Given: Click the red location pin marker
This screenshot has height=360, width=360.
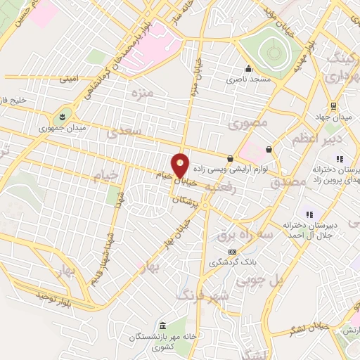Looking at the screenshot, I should [x=181, y=165].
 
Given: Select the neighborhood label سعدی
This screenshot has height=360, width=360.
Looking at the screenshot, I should [x=131, y=131].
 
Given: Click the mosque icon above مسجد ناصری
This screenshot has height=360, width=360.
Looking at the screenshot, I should [x=247, y=69].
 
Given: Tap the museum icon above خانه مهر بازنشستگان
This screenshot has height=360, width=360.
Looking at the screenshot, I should [x=163, y=327].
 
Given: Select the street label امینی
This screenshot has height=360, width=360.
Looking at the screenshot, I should [x=68, y=79].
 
